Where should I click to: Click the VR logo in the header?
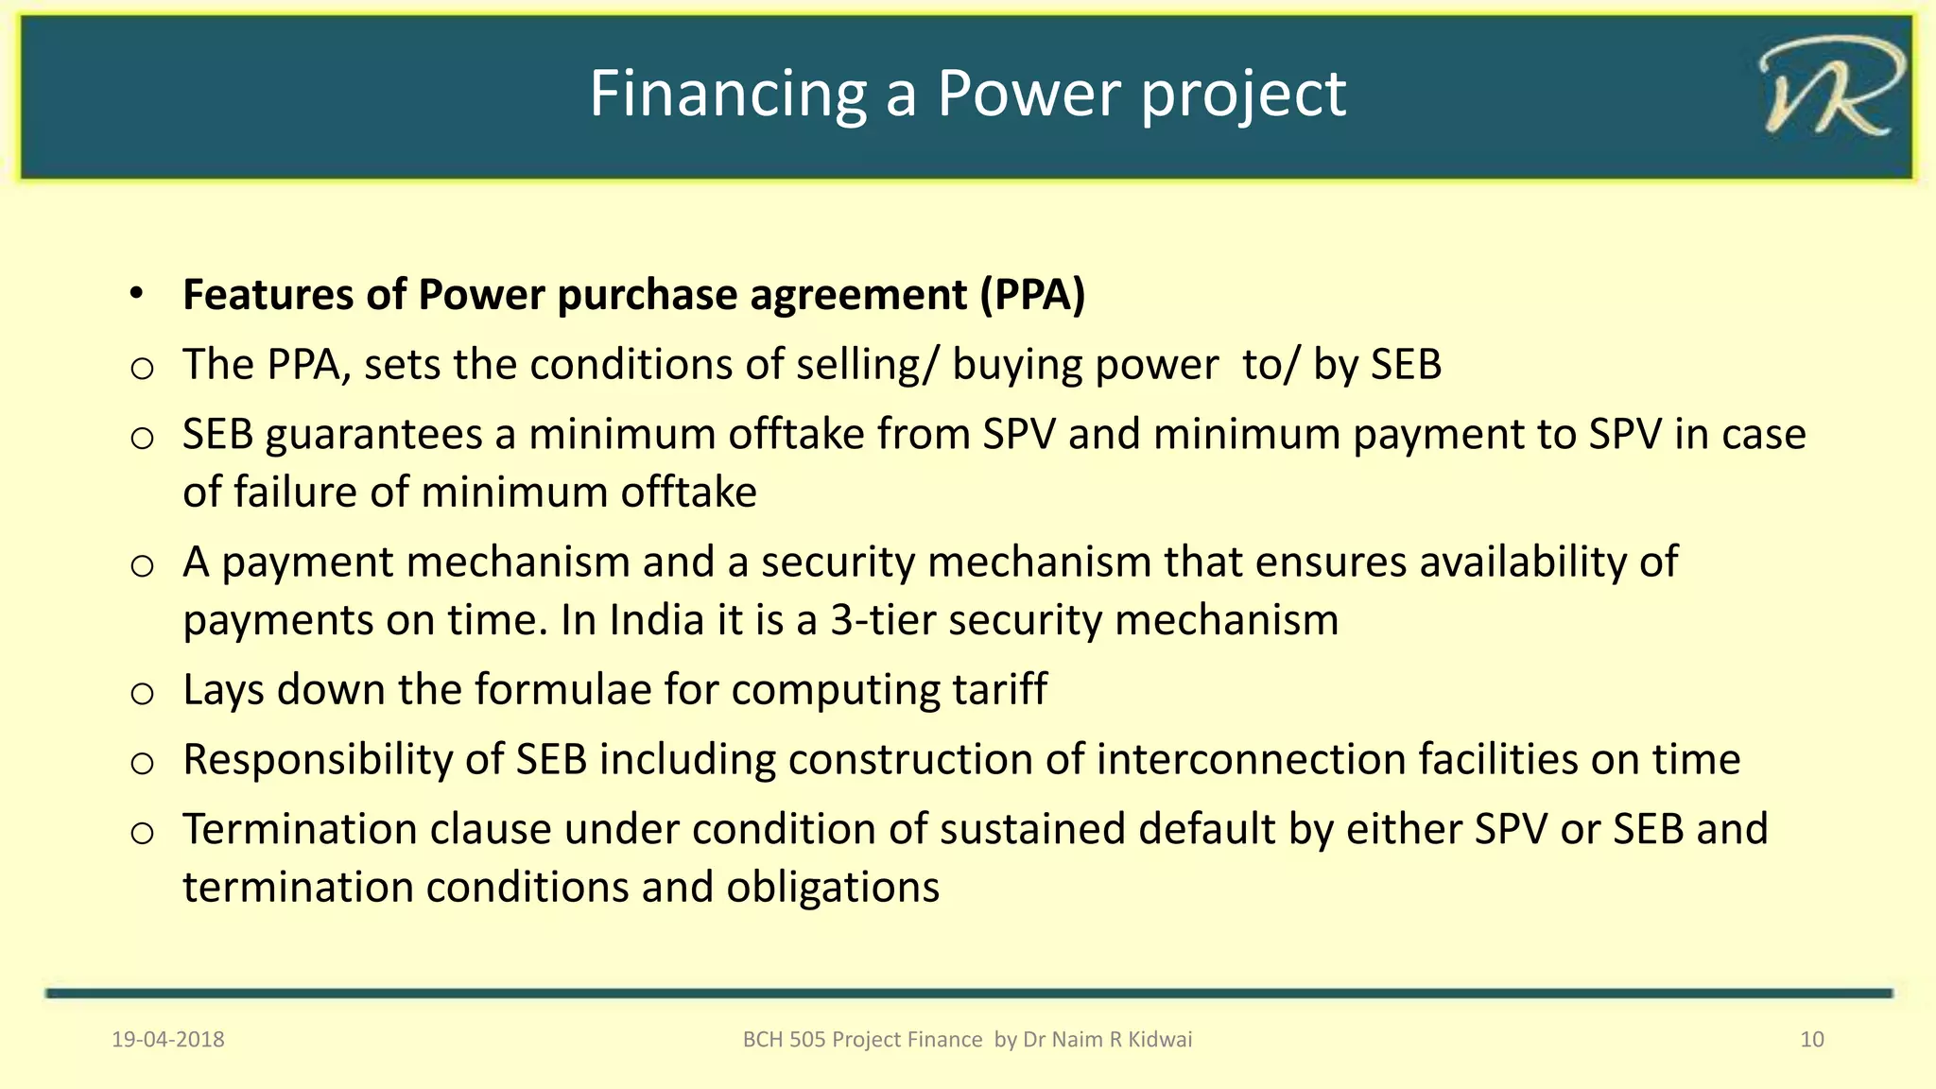point(1830,89)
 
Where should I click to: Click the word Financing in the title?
point(727,95)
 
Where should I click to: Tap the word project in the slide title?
point(1243,95)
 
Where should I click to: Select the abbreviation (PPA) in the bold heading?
point(1032,295)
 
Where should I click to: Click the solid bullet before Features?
point(137,294)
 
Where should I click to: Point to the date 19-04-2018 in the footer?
point(168,1040)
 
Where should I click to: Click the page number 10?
point(1811,1040)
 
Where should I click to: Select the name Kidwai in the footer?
point(1160,1040)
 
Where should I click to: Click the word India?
point(656,621)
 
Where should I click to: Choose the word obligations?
point(832,888)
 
